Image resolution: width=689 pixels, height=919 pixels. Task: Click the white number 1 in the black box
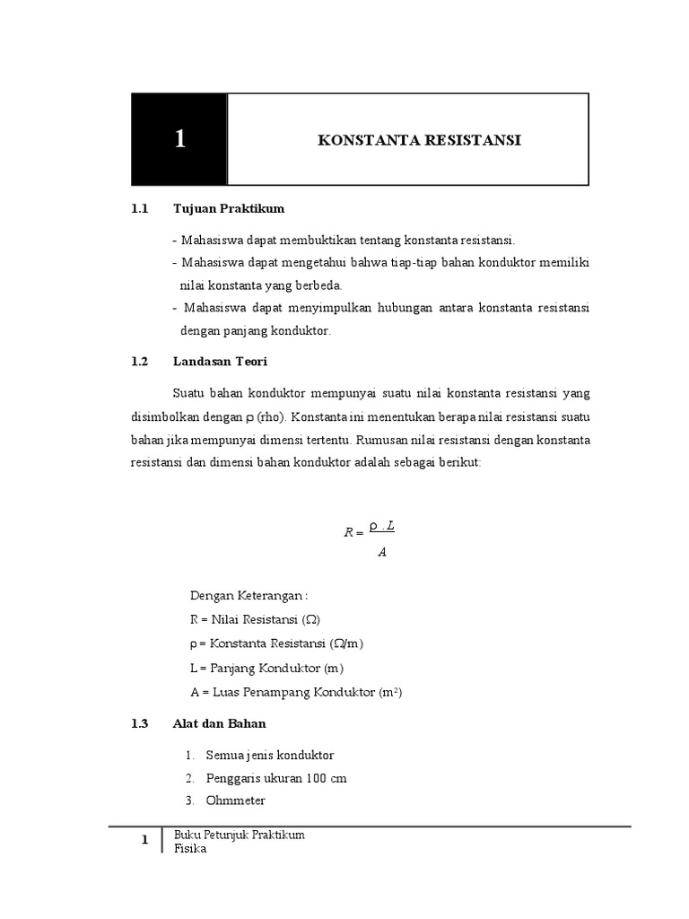pos(180,139)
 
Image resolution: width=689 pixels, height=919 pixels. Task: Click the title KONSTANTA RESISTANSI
pos(407,140)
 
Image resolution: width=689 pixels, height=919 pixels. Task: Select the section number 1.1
pos(138,209)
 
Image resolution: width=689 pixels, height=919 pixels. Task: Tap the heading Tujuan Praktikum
pos(229,209)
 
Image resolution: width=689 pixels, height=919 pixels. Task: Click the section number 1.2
pos(138,362)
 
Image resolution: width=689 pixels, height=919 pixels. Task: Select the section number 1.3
pos(138,723)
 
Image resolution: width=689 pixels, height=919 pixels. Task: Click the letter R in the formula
pos(349,532)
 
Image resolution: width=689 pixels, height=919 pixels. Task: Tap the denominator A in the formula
pos(382,552)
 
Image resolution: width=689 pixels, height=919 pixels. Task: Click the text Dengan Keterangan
pos(249,596)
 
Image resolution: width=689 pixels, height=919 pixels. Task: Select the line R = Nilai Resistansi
pos(255,620)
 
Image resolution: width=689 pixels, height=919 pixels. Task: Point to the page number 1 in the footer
pos(144,841)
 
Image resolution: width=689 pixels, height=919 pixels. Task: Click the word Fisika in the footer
pos(190,849)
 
